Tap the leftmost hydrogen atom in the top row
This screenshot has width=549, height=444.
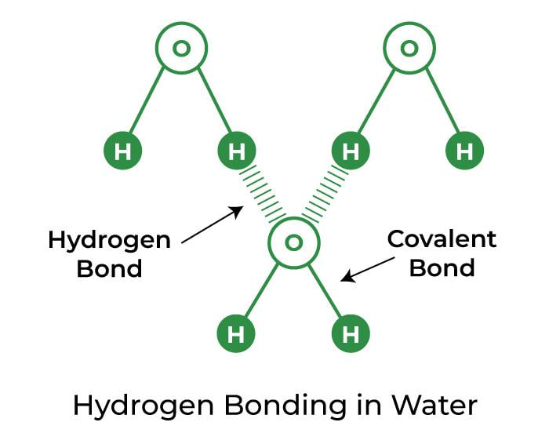coord(122,151)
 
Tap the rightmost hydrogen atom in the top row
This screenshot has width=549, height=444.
coord(464,151)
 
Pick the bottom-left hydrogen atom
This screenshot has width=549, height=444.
coord(236,333)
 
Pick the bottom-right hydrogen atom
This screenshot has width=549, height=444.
coord(351,333)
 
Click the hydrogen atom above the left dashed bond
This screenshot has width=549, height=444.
coord(237,151)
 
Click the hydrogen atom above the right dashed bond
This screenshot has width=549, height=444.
coord(351,151)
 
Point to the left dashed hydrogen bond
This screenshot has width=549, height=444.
coord(263,195)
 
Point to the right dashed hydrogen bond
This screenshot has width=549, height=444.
coord(325,195)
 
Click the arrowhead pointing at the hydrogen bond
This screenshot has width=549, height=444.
coord(237,211)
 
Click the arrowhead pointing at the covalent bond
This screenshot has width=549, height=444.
coord(347,276)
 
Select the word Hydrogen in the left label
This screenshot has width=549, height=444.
coord(109,242)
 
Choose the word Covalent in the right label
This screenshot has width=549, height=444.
coord(442,239)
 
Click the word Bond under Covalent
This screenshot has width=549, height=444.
coord(442,268)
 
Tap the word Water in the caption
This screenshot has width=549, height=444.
coord(434,406)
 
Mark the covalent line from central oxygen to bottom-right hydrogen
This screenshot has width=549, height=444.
coord(325,290)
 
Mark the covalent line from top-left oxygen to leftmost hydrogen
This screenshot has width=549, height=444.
coord(147,100)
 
